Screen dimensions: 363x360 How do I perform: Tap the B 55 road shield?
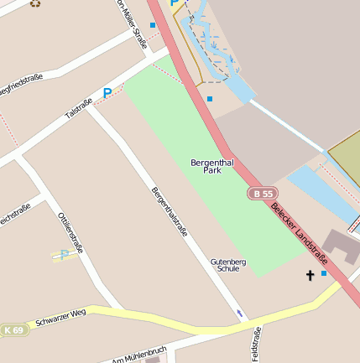click(x=263, y=194)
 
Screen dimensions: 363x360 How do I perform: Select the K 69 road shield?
click(x=13, y=329)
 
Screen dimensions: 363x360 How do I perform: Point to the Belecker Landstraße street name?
click(x=298, y=230)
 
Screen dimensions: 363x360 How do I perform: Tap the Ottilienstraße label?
click(x=70, y=231)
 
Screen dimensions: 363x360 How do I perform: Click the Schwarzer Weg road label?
click(x=60, y=318)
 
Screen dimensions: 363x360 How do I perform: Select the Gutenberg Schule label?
click(x=227, y=265)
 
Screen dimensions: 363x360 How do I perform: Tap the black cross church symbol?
click(x=310, y=275)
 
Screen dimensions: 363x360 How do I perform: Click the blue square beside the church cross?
click(x=324, y=273)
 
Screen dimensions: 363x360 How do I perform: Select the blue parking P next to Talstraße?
click(x=107, y=93)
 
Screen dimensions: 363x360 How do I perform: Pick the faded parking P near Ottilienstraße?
click(x=65, y=255)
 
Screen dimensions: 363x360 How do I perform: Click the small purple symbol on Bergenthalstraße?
click(x=241, y=314)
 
